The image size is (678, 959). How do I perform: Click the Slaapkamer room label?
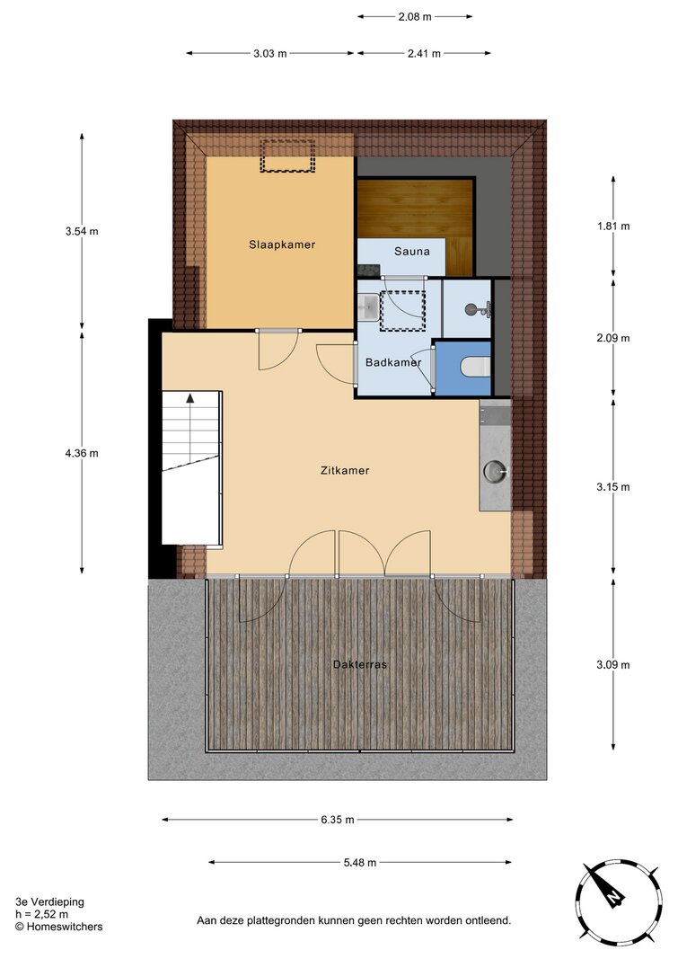(282, 244)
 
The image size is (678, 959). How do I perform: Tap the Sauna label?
(411, 252)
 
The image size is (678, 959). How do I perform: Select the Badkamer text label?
(393, 362)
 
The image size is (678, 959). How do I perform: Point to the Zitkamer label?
(345, 470)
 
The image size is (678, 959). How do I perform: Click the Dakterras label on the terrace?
(360, 664)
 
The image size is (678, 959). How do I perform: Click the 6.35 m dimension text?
(337, 820)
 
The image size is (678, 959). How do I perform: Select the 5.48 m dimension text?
(360, 862)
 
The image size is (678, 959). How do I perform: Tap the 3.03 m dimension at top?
(270, 53)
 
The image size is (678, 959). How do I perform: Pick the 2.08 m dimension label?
(415, 16)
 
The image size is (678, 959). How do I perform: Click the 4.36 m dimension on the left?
(82, 453)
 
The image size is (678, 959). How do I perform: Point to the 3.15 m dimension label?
(613, 487)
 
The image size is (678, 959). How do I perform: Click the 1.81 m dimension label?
(613, 226)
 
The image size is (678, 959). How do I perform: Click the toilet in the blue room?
(476, 368)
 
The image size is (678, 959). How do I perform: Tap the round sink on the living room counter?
(495, 471)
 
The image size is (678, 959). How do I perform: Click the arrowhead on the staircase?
(190, 397)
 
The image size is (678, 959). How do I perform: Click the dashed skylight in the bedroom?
(287, 156)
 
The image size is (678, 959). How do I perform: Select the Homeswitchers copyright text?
(58, 927)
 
